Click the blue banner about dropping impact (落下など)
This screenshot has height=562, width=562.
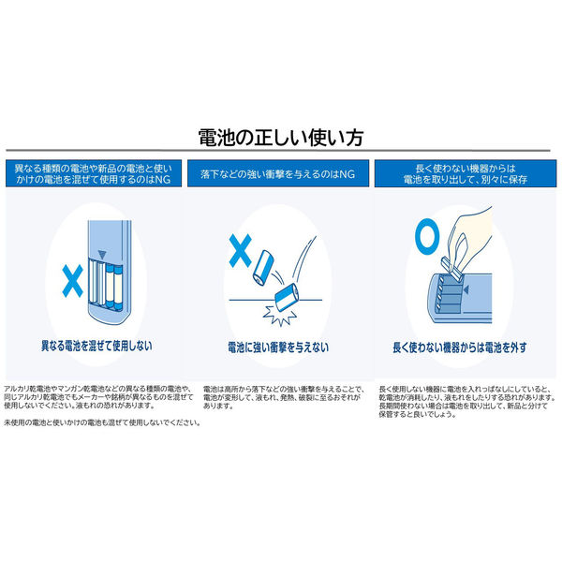pyautogui.click(x=280, y=175)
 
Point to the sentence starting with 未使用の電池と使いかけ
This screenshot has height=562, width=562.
pyautogui.click(x=103, y=423)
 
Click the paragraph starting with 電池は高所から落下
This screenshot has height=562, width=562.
pyautogui.click(x=282, y=397)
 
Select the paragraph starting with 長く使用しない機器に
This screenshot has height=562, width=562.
pyautogui.click(x=465, y=401)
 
